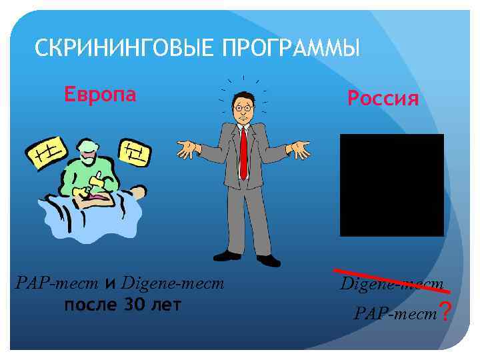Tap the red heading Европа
(100, 94)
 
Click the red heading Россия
(383, 99)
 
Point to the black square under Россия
(391, 185)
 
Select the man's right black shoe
(226, 255)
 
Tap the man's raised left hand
(299, 149)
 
